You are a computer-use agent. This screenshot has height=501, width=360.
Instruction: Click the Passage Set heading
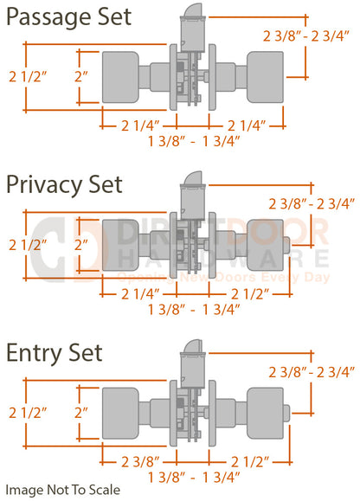click(68, 18)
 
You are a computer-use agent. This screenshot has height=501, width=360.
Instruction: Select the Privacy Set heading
click(64, 186)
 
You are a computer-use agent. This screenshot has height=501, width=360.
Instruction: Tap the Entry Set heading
click(55, 353)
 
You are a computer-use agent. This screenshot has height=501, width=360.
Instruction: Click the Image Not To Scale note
click(63, 490)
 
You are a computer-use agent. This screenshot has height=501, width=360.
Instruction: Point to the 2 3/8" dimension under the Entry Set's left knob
click(140, 462)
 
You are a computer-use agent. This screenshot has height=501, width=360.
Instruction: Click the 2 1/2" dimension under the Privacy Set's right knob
click(250, 294)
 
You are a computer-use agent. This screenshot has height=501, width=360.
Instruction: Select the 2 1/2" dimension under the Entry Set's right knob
click(250, 462)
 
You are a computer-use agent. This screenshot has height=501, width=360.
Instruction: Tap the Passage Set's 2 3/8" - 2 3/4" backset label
click(306, 36)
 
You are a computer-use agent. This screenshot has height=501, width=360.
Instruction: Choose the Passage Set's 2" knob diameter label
click(81, 77)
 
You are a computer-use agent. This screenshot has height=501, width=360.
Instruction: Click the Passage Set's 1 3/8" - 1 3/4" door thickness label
click(194, 141)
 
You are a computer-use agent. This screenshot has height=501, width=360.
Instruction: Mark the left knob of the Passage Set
click(120, 77)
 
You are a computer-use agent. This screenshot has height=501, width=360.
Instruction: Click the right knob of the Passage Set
click(265, 77)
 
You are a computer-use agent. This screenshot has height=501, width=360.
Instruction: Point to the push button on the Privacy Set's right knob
click(286, 246)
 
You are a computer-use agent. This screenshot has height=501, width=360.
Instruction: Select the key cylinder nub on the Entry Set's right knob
click(286, 414)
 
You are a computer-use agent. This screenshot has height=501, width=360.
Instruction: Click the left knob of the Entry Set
click(120, 414)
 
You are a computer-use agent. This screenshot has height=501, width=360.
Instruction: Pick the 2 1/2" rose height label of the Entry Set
click(28, 413)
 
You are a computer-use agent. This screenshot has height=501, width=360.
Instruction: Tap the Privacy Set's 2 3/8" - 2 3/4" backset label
click(312, 204)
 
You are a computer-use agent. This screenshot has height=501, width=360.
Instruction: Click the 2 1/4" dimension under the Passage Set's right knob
click(247, 125)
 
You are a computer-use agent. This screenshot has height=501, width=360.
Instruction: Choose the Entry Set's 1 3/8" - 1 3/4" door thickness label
click(194, 478)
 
